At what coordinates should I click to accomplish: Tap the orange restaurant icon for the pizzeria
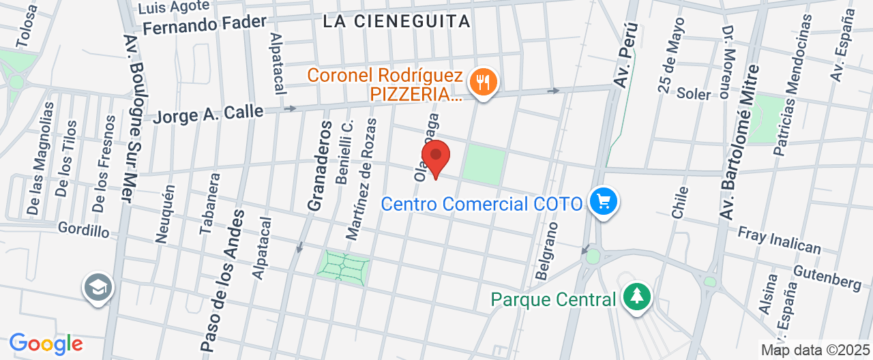click(x=484, y=83)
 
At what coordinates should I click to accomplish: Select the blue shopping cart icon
click(x=603, y=202)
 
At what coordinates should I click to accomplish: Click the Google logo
click(x=46, y=343)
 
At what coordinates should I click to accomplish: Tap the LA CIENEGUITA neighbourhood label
click(x=396, y=21)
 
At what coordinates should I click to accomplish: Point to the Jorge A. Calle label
click(x=207, y=112)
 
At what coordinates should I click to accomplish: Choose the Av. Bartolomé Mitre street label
click(x=738, y=142)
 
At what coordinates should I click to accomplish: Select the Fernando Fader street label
click(x=205, y=25)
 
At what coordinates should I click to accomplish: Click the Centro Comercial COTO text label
click(x=482, y=204)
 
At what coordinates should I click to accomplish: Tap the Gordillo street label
click(x=83, y=229)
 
